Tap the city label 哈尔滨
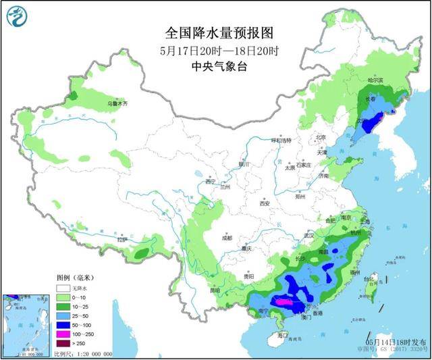tap(375, 80)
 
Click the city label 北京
tap(321, 138)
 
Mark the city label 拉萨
tap(121, 240)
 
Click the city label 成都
tap(225, 238)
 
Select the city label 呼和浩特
tap(280, 140)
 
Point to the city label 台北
tap(369, 278)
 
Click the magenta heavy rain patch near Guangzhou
tap(287, 304)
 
